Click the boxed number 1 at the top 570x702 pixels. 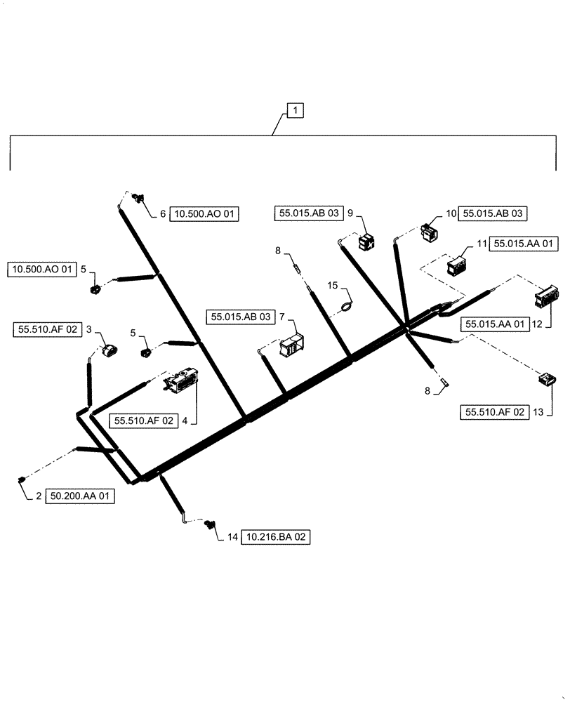point(296,110)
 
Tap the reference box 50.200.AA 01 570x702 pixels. point(81,496)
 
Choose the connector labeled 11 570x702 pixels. point(458,267)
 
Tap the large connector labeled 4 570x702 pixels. point(182,381)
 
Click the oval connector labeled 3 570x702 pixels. point(110,350)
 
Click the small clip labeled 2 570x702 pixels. point(21,479)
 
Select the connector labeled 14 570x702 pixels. point(210,524)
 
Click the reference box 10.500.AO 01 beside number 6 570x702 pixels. point(205,214)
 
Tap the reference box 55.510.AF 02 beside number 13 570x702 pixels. point(493,413)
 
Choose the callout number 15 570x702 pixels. point(332,285)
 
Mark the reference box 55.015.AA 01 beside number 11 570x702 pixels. point(525,244)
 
